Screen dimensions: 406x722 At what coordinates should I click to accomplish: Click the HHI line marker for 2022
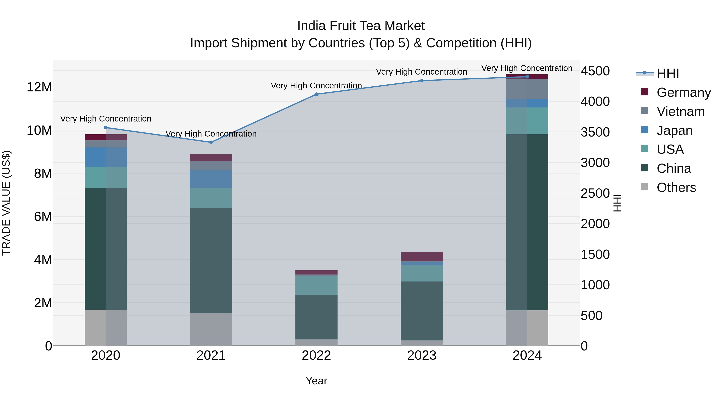point(316,94)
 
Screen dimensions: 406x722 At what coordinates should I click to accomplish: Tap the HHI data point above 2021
point(211,142)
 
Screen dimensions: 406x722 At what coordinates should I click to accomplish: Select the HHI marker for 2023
point(422,81)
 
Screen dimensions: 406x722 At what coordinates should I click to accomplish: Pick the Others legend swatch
point(645,187)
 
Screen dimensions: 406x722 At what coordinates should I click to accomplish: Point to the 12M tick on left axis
point(39,87)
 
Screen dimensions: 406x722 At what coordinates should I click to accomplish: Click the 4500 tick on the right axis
point(595,71)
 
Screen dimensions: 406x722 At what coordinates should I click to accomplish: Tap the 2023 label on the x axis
point(422,355)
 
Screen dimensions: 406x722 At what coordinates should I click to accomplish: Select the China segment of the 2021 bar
point(211,261)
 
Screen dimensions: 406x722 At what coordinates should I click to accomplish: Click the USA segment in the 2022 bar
point(316,285)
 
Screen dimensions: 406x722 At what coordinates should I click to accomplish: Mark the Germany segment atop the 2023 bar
point(422,256)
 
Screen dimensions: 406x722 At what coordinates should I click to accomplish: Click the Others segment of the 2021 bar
point(211,329)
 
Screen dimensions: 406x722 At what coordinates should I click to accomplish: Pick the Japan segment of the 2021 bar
point(211,179)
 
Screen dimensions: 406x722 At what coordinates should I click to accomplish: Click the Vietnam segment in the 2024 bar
point(527,89)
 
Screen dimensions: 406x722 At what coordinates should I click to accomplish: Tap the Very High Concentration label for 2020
point(106,119)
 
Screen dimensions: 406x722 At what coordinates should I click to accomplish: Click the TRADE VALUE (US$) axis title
point(6,203)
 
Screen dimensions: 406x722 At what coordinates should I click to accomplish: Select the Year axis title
point(316,381)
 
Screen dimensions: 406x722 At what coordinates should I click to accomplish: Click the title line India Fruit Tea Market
point(361,26)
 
